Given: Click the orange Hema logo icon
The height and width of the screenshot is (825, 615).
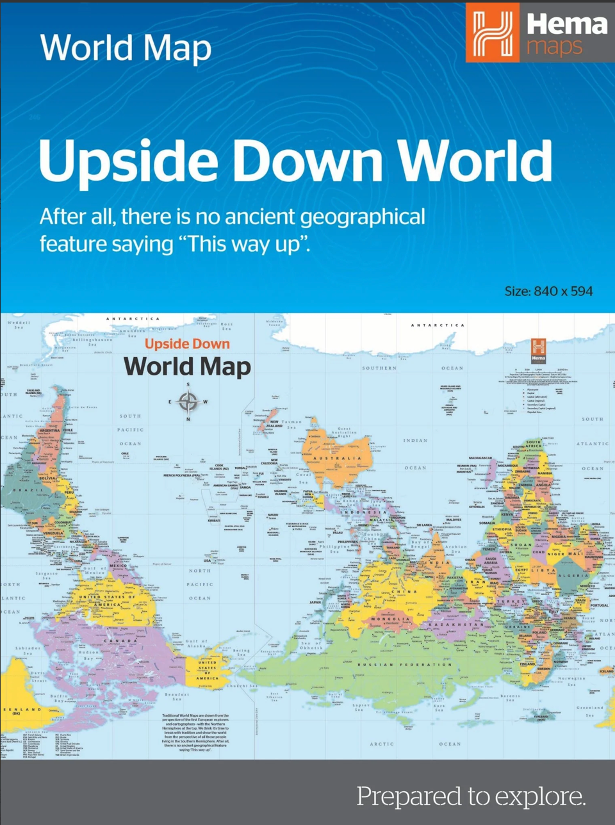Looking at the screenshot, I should pos(492,32).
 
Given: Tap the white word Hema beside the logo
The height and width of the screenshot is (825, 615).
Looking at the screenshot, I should pos(566,24).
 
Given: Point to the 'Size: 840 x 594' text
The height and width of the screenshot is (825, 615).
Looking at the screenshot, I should pos(548,291).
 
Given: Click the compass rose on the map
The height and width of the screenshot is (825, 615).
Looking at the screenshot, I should pos(188,402).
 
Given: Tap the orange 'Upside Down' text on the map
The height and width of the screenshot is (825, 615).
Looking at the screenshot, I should pos(187,344).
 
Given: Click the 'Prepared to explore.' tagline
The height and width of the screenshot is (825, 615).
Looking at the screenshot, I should pos(471,796).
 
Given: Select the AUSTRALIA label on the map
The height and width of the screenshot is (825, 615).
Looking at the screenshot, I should pos(337,459).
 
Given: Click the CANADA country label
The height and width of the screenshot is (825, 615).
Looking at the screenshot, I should pos(121,641).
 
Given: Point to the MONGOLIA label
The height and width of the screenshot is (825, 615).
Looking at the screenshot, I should pos(390,619).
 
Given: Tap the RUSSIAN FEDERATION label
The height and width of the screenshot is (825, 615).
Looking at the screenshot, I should pos(405,665).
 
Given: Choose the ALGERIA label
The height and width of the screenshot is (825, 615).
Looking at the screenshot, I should pos(574,576).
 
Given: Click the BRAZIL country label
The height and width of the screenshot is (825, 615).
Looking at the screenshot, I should pos(28,490).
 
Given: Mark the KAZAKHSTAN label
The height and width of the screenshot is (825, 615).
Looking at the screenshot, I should pos(457,623).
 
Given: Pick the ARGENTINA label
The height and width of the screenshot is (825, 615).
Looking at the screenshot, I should pos(49,430).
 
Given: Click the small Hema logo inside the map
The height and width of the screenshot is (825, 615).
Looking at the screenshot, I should pos(538,349).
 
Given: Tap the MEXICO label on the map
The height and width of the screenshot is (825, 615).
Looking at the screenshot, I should pos(119,566).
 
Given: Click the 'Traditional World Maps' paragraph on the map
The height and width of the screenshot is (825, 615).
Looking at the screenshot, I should pos(195,732).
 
